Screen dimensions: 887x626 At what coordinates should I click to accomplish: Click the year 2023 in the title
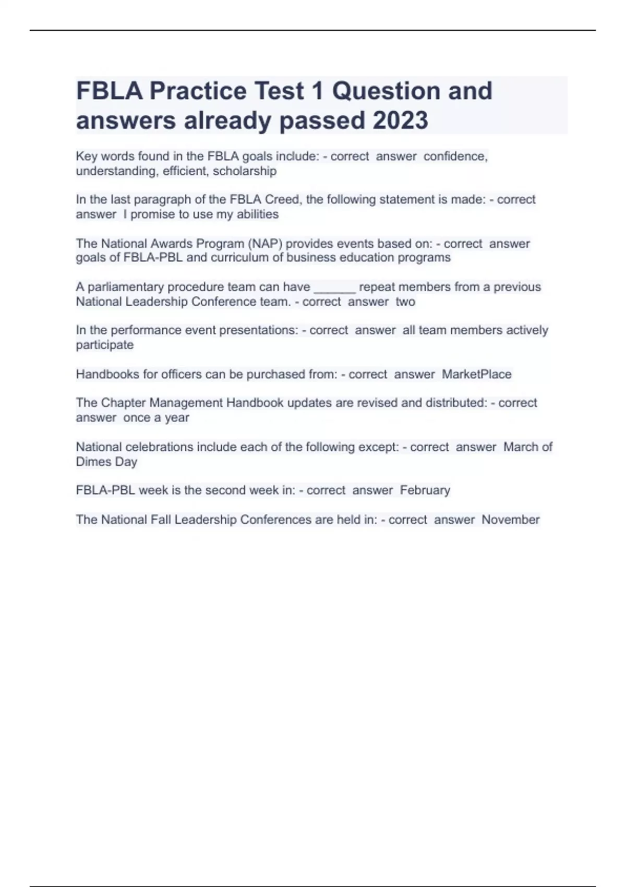(x=400, y=121)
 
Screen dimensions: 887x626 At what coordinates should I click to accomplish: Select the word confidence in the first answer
(x=455, y=156)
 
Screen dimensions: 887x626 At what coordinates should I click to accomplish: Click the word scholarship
(x=245, y=171)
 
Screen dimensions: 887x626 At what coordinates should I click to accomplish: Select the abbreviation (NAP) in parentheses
(x=264, y=244)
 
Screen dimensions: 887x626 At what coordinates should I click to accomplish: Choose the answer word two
(x=405, y=302)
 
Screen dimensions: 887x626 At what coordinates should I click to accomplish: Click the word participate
(x=105, y=345)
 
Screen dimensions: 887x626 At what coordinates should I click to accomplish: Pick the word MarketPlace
(x=477, y=374)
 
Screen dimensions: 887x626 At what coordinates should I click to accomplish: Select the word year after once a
(x=177, y=418)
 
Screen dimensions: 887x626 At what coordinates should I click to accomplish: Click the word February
(x=425, y=490)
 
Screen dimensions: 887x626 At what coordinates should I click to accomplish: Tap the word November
(x=510, y=520)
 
